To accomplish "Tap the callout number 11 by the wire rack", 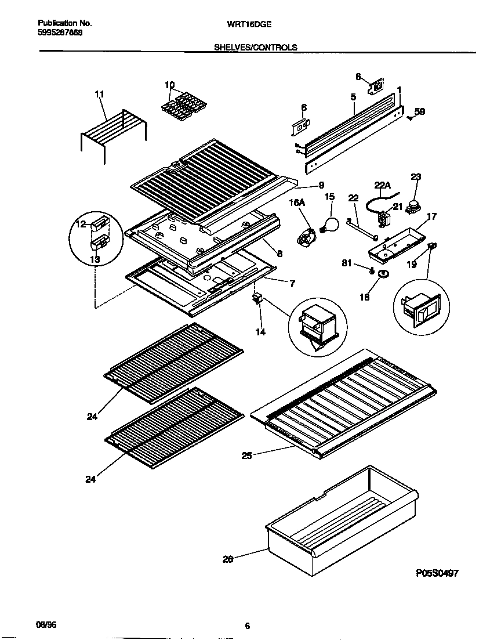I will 99,94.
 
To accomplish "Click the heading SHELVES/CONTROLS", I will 256,48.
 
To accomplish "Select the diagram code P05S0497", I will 437,573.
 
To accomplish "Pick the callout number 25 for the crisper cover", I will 248,455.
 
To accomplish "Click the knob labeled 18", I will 382,274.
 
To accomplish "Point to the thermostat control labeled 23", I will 413,203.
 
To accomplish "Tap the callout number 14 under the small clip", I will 260,332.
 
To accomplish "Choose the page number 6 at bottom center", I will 248,625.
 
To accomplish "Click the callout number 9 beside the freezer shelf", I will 321,186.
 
